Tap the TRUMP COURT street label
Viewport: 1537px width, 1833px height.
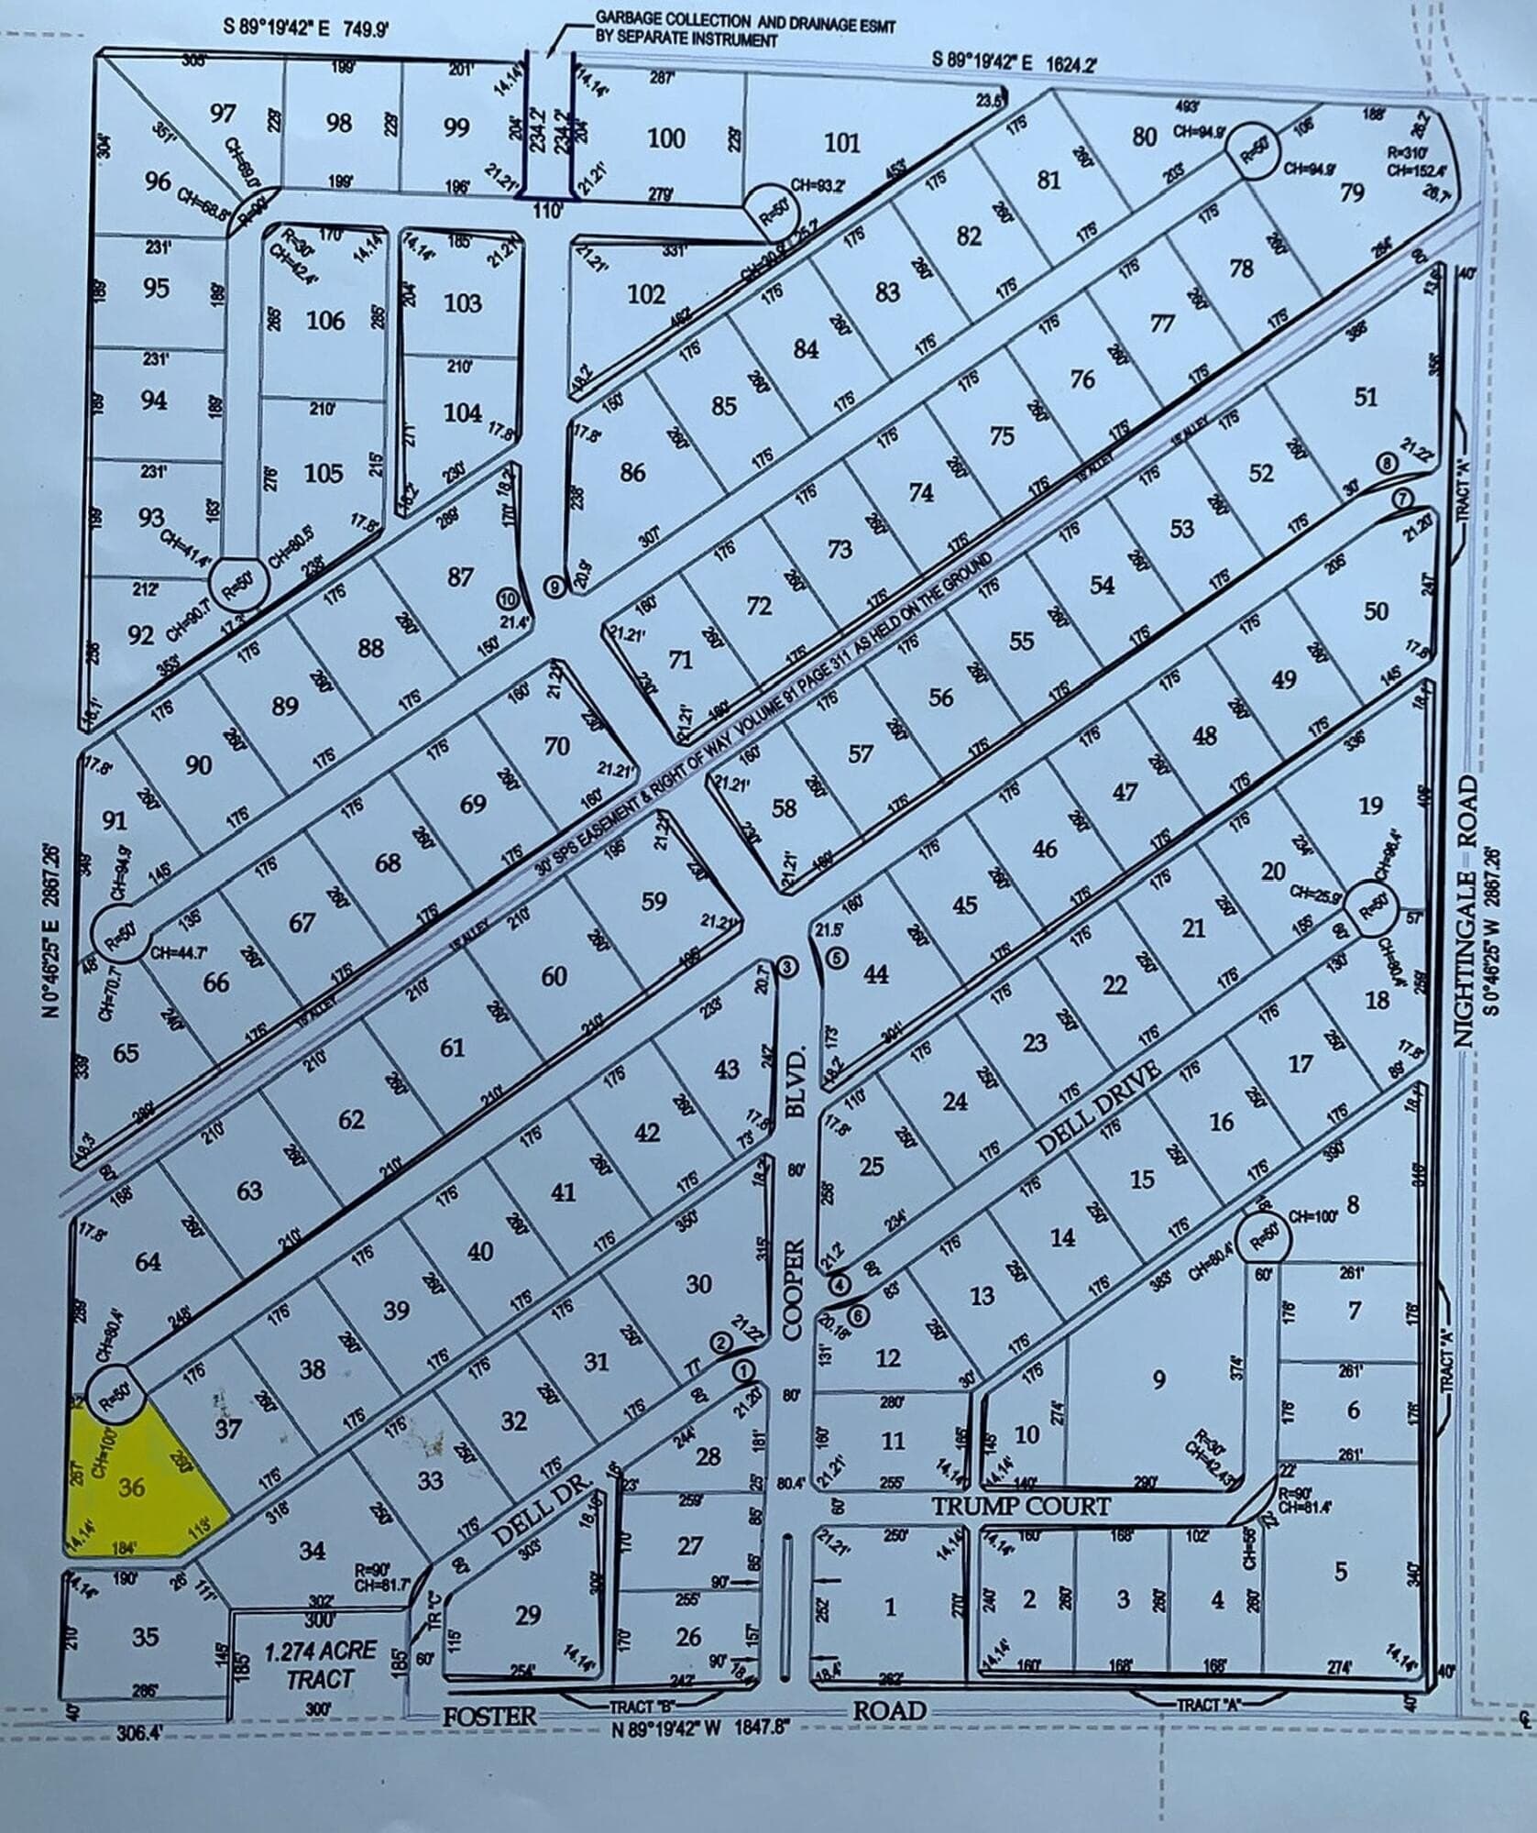pyautogui.click(x=1021, y=1506)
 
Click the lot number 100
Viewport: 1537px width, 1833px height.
pyautogui.click(x=666, y=138)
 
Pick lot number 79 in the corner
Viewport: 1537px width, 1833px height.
pyautogui.click(x=1352, y=193)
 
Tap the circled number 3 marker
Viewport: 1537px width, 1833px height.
pyautogui.click(x=788, y=967)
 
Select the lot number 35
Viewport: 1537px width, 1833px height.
pyautogui.click(x=146, y=1636)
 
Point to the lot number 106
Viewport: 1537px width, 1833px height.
pyautogui.click(x=325, y=320)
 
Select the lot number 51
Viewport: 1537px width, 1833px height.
pyautogui.click(x=1366, y=396)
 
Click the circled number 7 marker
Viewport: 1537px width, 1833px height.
pyautogui.click(x=1403, y=498)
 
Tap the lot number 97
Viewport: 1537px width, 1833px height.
pyautogui.click(x=223, y=114)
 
